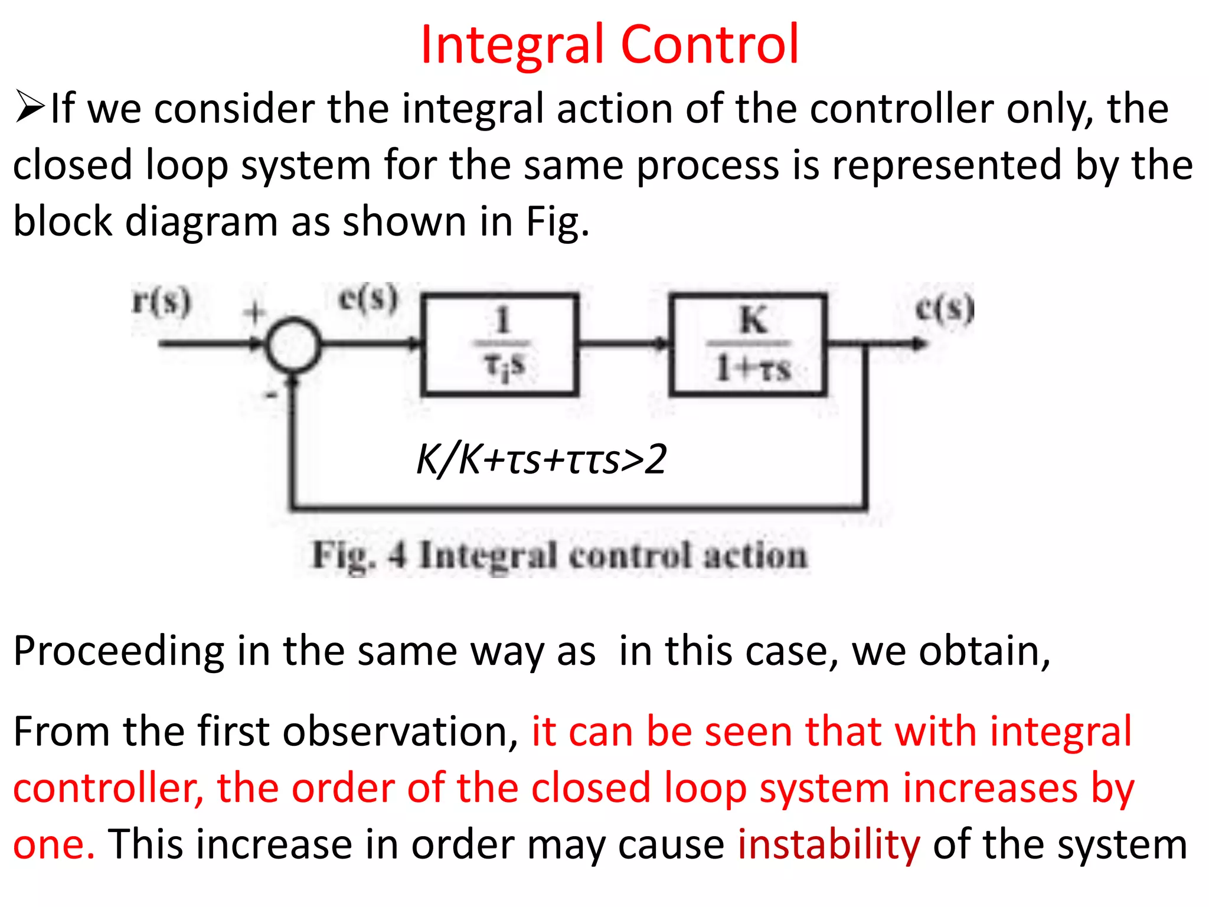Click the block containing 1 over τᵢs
pos(499,344)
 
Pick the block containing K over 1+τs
pos(748,344)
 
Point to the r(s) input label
pos(161,301)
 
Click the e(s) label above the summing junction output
pos(368,298)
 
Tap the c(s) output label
pos(944,308)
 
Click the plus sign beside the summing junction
pos(255,312)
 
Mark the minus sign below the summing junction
pos(271,394)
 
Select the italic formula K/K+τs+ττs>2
pos(541,459)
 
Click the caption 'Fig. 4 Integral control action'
pos(559,556)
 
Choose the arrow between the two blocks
pos(623,344)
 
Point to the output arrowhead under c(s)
pos(918,344)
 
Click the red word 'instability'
pos(828,844)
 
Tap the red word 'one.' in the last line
pos(54,844)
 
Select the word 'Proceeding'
pos(119,651)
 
